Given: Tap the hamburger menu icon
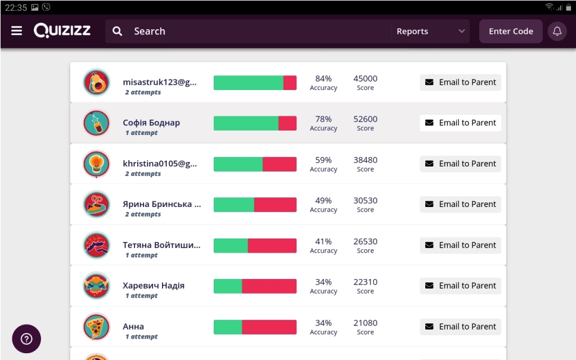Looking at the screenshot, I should (16, 31).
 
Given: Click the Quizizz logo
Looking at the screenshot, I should (62, 31).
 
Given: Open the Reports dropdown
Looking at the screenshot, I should (430, 31).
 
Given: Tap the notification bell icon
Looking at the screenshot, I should (557, 31).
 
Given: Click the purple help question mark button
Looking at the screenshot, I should (26, 339).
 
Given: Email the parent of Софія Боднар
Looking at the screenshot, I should (460, 123).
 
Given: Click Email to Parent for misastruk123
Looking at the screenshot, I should (460, 82).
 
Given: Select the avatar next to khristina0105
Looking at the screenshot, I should (96, 164).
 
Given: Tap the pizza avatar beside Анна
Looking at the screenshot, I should (96, 327).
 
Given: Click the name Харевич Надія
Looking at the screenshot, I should (154, 286).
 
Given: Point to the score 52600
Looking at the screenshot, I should (365, 119).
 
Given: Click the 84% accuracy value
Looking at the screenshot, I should (323, 79).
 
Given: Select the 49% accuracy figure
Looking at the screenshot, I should (323, 201).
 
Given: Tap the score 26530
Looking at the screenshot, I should (365, 242).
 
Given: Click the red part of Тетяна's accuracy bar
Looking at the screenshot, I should (272, 246).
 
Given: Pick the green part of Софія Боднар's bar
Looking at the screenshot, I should (246, 123).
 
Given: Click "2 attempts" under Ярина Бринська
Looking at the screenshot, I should (143, 214).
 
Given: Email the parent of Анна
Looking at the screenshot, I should (460, 327).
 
